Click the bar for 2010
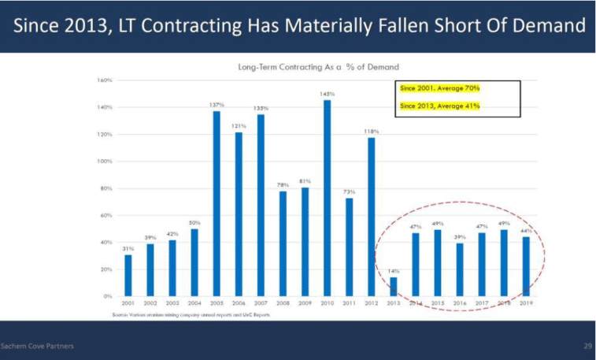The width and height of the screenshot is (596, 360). (327, 198)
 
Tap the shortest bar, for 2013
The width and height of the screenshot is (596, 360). (394, 287)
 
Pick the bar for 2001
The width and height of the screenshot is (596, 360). (128, 275)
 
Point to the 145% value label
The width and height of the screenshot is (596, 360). (327, 94)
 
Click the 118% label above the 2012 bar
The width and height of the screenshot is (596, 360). (372, 131)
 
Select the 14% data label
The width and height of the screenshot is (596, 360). (394, 270)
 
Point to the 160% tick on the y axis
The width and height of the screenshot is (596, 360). (105, 80)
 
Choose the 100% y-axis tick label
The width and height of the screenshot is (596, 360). (105, 161)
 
